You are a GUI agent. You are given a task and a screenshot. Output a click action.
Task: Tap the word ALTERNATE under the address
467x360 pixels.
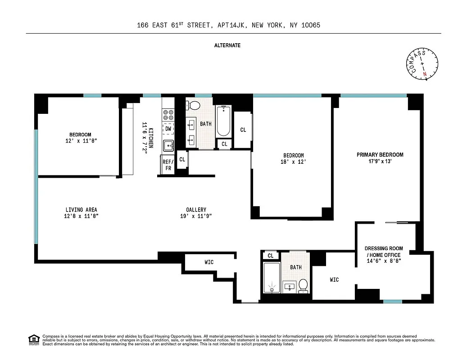pos(227,45)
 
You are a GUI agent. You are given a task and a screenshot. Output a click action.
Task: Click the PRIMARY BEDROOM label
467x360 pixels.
pos(380,155)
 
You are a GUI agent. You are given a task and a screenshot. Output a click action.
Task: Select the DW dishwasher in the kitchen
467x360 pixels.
pos(168,129)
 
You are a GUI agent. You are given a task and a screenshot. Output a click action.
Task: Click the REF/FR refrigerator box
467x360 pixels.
pos(168,165)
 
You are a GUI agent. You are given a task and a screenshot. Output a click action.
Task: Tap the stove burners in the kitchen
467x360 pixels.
pos(168,115)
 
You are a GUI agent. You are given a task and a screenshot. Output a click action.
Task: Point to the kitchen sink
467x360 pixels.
pos(168,145)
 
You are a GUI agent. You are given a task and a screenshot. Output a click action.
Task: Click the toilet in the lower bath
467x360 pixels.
pos(303,285)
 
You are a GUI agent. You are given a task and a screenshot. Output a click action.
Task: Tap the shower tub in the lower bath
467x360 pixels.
pos(272,278)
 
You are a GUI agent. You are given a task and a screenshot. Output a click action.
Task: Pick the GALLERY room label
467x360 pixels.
pos(196,210)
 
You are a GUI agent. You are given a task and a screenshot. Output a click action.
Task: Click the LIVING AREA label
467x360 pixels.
pos(81,210)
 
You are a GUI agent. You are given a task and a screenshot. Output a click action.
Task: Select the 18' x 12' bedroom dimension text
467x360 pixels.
pos(293,162)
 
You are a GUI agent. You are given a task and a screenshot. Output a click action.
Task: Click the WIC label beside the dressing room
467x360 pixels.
pos(334,280)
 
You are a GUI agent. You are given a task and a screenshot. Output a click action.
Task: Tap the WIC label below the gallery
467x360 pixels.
pos(209,262)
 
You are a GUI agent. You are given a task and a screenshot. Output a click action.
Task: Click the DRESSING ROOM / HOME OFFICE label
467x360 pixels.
pos(384,252)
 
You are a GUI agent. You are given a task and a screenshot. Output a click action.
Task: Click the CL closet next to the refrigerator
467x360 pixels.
pos(182,159)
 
